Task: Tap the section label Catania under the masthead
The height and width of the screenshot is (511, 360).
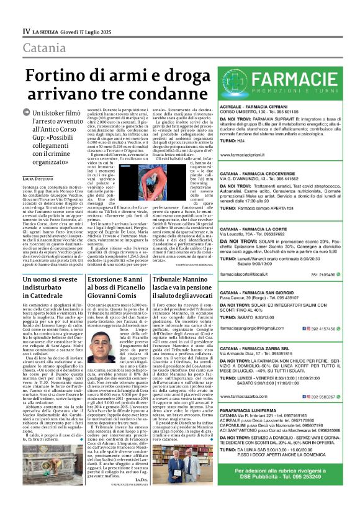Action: coord(42,47)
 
